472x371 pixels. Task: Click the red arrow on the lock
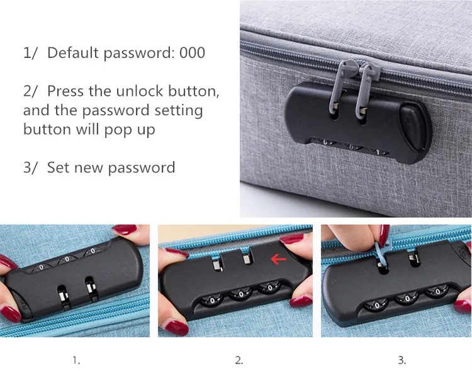(278, 259)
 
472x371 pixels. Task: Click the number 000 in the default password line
(193, 53)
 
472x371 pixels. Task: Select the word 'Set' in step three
(59, 168)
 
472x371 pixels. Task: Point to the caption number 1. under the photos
(76, 360)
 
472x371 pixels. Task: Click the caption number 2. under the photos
(239, 360)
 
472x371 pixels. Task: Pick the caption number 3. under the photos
(402, 360)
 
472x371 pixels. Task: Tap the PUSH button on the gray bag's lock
(415, 126)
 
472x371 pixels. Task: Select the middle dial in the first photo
(67, 260)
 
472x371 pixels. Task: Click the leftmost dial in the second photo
(212, 300)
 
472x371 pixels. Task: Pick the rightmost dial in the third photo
(437, 292)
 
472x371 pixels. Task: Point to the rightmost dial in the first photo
(93, 251)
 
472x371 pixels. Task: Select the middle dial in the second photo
(241, 294)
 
